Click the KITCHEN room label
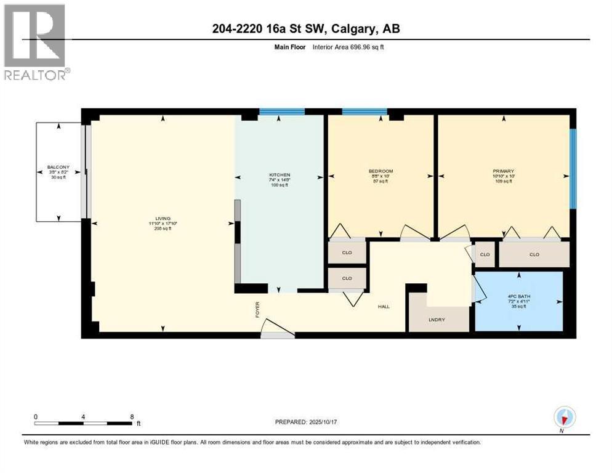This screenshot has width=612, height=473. coord(279,175)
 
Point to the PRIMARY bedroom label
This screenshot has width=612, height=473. coord(503,171)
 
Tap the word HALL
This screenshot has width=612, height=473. coord(384,307)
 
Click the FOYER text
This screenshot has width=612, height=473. coord(258,307)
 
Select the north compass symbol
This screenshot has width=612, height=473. coord(563,417)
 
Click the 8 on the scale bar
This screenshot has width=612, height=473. coord(132,416)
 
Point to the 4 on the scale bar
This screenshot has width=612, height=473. coord(83,416)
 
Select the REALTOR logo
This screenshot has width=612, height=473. coord(35,42)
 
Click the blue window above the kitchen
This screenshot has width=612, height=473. coord(281,111)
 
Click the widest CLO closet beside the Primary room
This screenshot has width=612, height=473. coord(534,254)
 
